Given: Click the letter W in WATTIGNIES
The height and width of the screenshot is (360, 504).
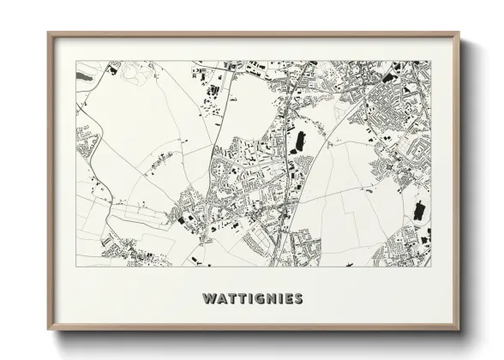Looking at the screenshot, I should [x=208, y=299].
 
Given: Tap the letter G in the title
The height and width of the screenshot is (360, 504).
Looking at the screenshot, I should [x=256, y=299].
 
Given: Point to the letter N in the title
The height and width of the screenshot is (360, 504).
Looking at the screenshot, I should [x=267, y=299].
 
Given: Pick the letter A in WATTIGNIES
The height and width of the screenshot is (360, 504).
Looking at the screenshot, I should [x=220, y=299].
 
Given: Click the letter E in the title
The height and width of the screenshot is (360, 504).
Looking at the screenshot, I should [x=288, y=299].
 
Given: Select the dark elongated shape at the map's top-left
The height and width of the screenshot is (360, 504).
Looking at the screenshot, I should [x=83, y=76].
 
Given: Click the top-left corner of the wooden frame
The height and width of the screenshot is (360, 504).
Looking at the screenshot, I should [x=49, y=33].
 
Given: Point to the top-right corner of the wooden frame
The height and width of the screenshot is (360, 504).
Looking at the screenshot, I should [x=459, y=33].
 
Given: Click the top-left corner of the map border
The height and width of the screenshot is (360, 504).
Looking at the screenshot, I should [x=76, y=61].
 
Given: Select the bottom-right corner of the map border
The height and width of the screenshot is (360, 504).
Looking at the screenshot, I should [x=430, y=267].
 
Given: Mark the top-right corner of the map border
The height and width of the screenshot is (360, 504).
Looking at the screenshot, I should [x=430, y=61].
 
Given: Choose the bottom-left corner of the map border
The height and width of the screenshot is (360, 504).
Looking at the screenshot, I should [x=76, y=267].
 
